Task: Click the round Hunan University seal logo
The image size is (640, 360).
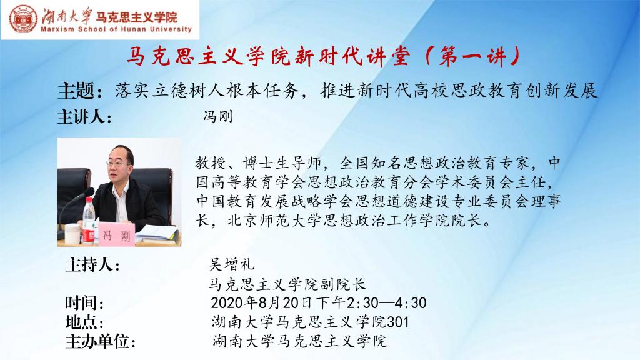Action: [x=23, y=19]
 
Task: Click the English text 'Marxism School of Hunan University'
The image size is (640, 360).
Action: [x=116, y=29]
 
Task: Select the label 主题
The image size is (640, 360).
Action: [x=76, y=90]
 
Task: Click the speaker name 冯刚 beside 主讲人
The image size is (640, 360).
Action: [x=218, y=117]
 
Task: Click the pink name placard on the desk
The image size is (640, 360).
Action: [x=117, y=234]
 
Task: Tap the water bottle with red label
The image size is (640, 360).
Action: [x=89, y=220]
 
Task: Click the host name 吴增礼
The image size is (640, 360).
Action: [x=232, y=264]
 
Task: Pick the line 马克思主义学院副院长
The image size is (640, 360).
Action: [x=287, y=284]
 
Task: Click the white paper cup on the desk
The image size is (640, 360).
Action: [x=72, y=234]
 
